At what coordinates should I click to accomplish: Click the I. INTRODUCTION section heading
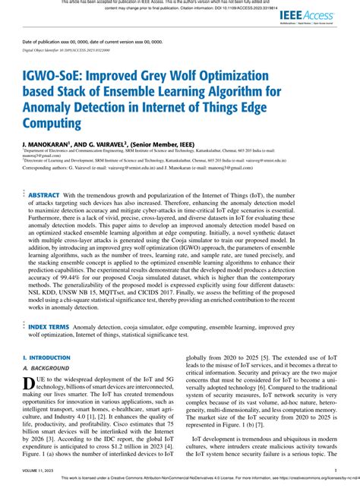[x=46, y=356]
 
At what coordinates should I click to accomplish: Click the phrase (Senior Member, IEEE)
[x=169, y=142]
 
